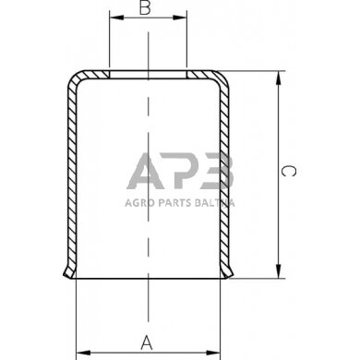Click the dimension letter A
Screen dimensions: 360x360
coord(146,342)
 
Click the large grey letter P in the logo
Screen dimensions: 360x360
coord(181,173)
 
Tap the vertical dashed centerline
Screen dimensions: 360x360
coord(148,240)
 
